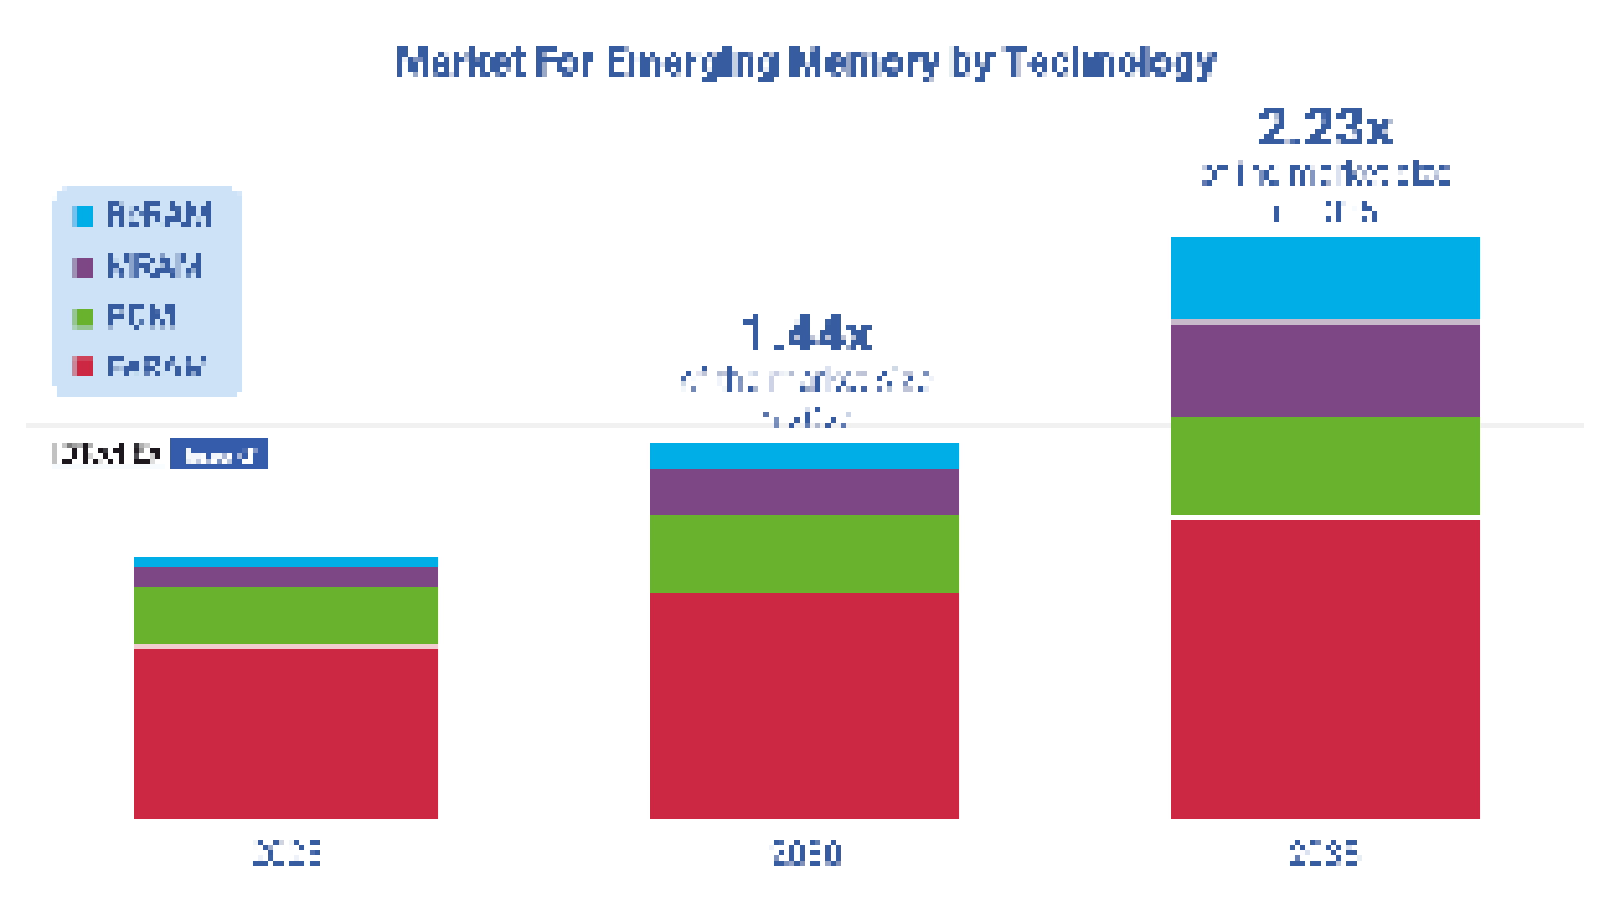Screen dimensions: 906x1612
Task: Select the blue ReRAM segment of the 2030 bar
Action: pos(804,456)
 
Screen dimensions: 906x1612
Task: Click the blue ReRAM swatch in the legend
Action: pos(83,216)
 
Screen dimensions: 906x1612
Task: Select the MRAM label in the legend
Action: pos(154,266)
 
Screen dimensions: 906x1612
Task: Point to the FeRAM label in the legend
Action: pos(156,367)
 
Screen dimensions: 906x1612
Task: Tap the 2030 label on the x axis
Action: pos(806,853)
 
